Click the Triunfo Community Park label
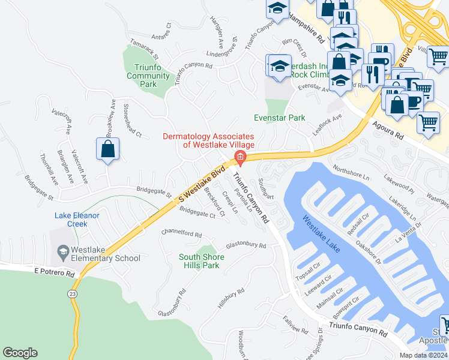click(x=148, y=76)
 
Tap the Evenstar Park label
click(x=279, y=118)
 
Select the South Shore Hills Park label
click(x=202, y=261)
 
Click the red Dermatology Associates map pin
click(x=240, y=158)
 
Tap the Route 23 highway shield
click(x=73, y=293)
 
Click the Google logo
click(x=20, y=353)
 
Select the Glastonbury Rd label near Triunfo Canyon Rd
click(x=246, y=245)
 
